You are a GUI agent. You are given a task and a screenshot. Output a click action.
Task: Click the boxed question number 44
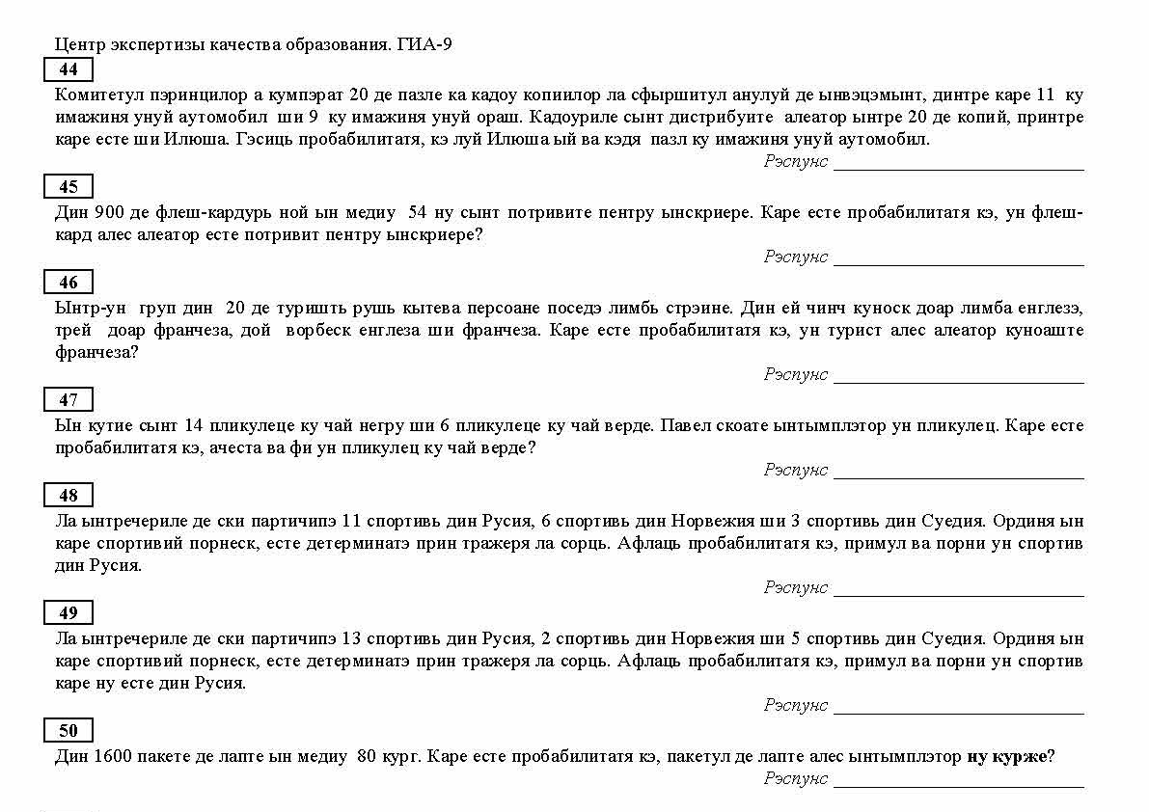pyautogui.click(x=68, y=70)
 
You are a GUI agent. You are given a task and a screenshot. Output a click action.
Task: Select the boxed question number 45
pyautogui.click(x=68, y=187)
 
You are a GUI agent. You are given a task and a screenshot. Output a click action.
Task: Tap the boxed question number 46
pyautogui.click(x=68, y=283)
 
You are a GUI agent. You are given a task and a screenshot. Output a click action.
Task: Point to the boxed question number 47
pyautogui.click(x=68, y=400)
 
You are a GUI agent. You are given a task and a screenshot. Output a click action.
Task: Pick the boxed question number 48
pyautogui.click(x=68, y=496)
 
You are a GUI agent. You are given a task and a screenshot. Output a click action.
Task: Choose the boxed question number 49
pyautogui.click(x=68, y=613)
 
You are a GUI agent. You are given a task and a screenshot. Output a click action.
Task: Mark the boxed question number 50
pyautogui.click(x=68, y=731)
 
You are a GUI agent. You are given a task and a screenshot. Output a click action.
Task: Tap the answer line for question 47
pyautogui.click(x=958, y=476)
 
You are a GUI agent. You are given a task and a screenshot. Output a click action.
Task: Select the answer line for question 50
pyautogui.click(x=958, y=785)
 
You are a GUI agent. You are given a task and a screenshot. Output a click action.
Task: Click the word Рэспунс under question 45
pyautogui.click(x=796, y=257)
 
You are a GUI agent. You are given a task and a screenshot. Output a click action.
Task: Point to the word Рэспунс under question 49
pyautogui.click(x=796, y=705)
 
